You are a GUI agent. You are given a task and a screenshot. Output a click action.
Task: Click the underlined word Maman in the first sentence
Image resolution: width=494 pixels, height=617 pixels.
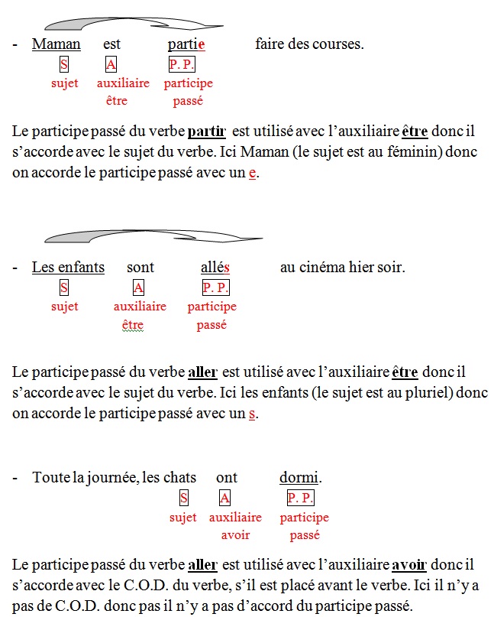click(56, 44)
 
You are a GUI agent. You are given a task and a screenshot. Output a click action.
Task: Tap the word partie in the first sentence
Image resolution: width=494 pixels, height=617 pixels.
click(187, 44)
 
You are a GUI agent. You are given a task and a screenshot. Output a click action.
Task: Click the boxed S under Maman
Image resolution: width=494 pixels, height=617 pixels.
click(64, 65)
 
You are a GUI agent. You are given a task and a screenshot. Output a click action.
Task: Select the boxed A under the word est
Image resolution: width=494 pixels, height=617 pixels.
click(111, 65)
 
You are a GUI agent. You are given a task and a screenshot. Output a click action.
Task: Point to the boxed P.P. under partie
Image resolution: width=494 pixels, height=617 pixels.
click(182, 65)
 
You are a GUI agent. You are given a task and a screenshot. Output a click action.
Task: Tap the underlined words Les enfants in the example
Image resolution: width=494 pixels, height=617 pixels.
click(68, 267)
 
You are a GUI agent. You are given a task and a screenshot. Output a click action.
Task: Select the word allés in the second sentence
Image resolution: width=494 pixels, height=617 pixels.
click(215, 267)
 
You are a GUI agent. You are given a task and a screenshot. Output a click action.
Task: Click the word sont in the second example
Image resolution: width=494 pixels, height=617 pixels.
click(140, 267)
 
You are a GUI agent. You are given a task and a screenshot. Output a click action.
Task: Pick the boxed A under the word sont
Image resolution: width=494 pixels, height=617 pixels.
click(138, 287)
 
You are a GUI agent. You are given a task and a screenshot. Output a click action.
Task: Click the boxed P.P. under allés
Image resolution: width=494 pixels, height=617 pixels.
click(215, 287)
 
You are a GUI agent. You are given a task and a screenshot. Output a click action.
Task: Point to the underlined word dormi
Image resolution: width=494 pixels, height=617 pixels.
click(299, 478)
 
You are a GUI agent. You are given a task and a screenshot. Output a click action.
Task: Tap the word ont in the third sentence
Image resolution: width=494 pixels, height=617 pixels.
click(227, 478)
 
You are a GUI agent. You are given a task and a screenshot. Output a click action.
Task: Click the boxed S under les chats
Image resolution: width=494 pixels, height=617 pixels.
click(183, 498)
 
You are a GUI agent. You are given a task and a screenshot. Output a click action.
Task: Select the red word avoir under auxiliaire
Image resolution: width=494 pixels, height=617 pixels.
click(235, 535)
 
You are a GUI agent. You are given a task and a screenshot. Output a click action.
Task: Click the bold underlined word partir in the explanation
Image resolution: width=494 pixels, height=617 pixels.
click(206, 131)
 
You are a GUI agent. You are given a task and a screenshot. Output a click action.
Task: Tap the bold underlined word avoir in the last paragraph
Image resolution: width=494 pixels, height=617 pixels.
click(405, 567)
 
